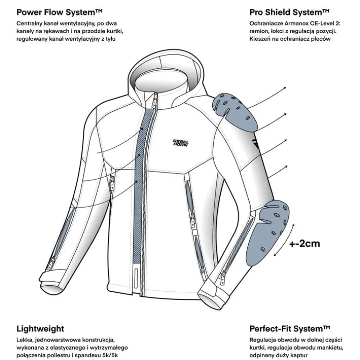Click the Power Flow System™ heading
coord(59,12)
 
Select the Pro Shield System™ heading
coord(289,12)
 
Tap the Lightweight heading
coord(40,329)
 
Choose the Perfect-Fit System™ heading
coord(290,329)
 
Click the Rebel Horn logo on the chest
coord(180,143)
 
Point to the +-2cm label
coord(304,244)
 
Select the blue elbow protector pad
coord(267,232)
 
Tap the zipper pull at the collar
coord(155,100)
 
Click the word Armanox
coord(296,23)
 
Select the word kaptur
coord(299,356)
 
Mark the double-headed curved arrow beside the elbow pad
coord(284,240)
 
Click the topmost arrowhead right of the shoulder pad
coord(285,88)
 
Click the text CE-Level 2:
coord(325,23)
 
